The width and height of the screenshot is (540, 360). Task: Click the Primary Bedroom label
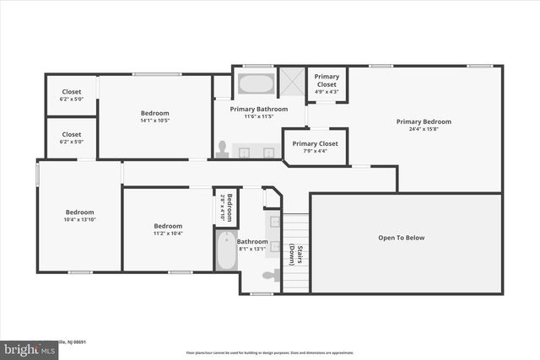tap(424, 121)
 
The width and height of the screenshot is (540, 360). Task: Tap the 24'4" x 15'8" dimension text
tap(424, 129)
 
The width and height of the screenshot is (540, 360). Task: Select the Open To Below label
tap(401, 238)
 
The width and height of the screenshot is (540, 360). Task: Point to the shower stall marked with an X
tap(291, 83)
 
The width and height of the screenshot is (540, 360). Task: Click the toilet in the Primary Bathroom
tap(222, 149)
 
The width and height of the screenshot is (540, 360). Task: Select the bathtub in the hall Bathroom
tap(226, 250)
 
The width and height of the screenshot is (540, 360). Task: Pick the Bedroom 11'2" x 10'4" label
tap(167, 228)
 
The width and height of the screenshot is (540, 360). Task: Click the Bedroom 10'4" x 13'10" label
tap(80, 215)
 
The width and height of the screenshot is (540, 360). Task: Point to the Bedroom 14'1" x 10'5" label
tap(154, 116)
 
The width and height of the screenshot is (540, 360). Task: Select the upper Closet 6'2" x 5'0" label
tap(72, 95)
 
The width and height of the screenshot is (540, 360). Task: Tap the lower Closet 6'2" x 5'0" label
tap(72, 137)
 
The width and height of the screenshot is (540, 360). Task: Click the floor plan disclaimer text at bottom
tap(270, 352)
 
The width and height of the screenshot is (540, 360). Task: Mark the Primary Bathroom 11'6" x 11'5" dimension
tap(260, 116)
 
